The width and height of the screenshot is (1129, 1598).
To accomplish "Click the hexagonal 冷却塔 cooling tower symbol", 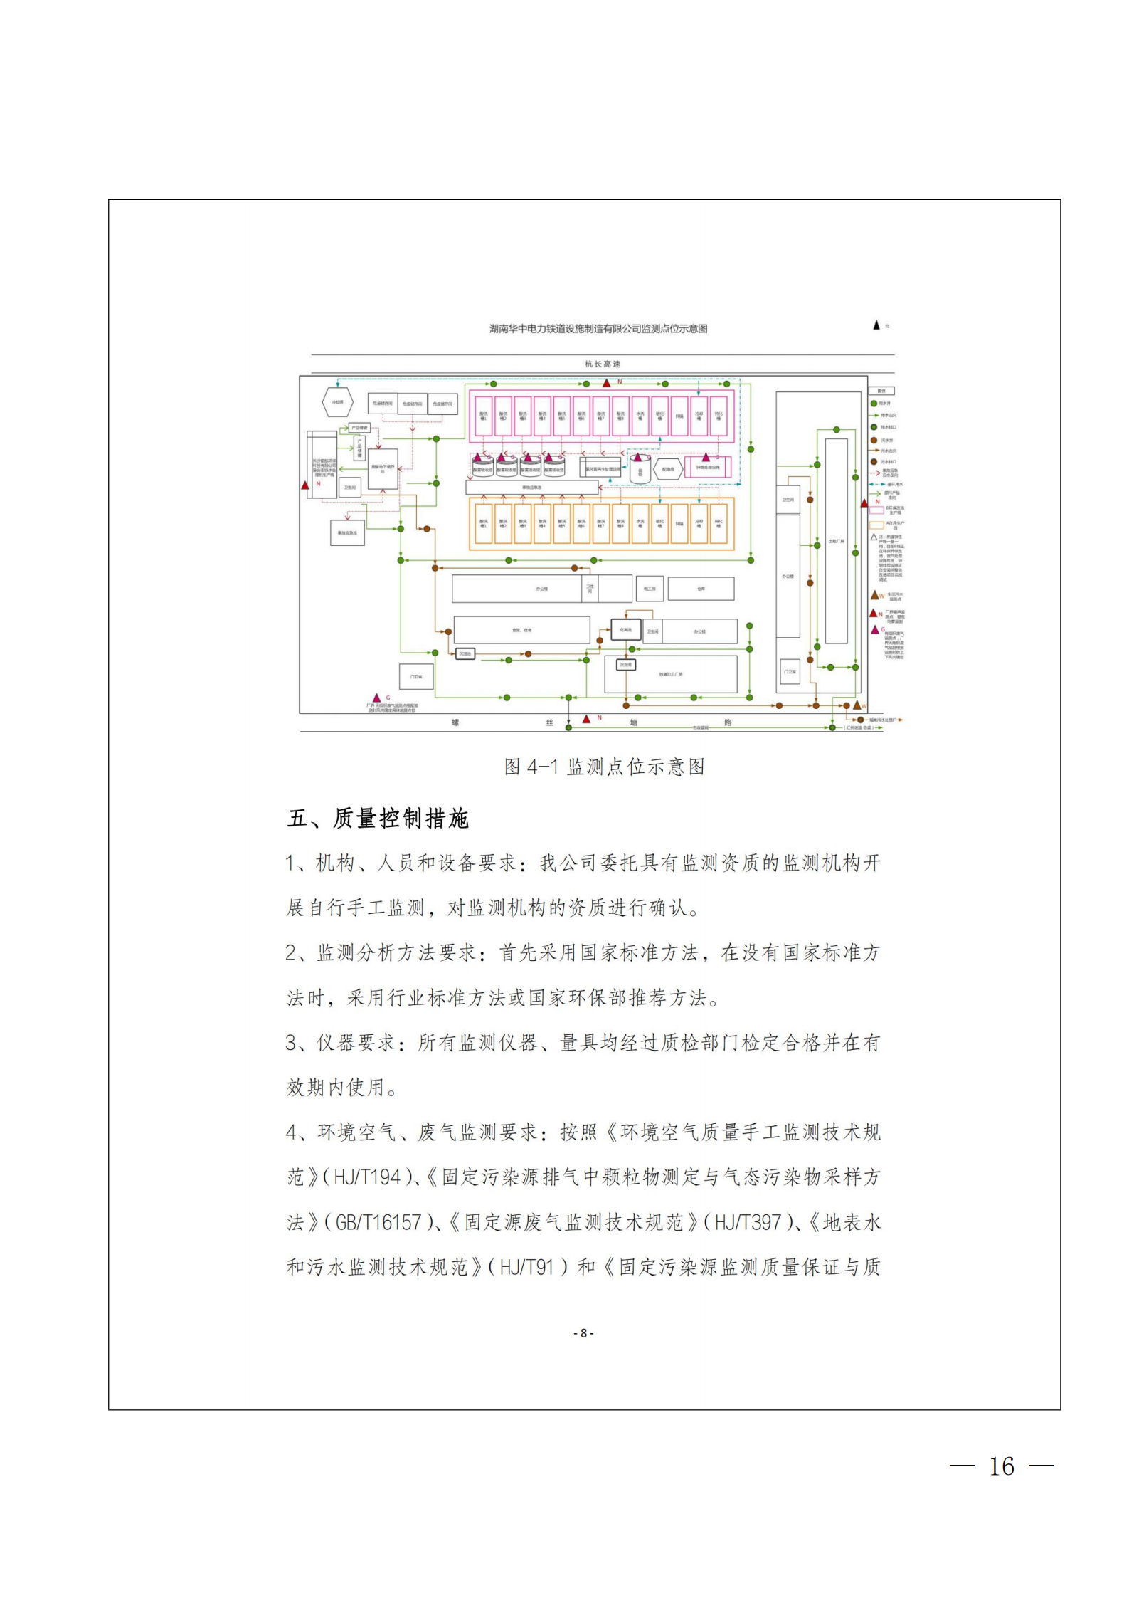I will point(337,402).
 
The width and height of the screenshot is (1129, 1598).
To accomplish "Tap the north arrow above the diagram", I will point(876,325).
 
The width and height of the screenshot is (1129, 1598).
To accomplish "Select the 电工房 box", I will point(650,589).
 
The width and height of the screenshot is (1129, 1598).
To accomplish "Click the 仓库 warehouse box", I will point(701,589).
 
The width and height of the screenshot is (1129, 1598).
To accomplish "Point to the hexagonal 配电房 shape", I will point(668,469).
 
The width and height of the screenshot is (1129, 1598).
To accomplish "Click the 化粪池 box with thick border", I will point(626,630).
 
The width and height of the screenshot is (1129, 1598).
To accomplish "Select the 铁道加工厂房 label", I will point(670,674).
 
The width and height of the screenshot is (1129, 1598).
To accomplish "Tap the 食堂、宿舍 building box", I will point(521,630).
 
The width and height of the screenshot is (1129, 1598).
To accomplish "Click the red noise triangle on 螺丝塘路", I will point(587,719).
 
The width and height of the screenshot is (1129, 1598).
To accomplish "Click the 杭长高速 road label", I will point(603,364).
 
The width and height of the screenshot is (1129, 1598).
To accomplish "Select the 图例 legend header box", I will point(881,391).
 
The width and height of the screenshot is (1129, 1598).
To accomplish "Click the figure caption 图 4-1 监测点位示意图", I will point(604,767).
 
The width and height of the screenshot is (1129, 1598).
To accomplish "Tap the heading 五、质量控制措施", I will point(378,819).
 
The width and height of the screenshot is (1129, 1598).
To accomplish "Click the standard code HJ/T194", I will point(367,1177).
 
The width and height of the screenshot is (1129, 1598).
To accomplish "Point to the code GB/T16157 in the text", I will point(378,1222).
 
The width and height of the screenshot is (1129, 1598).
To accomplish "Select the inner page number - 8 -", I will point(583,1333).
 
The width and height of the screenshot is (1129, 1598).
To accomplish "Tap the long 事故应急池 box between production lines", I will point(531,488).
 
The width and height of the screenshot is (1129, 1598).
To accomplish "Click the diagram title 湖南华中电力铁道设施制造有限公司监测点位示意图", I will point(598,329).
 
